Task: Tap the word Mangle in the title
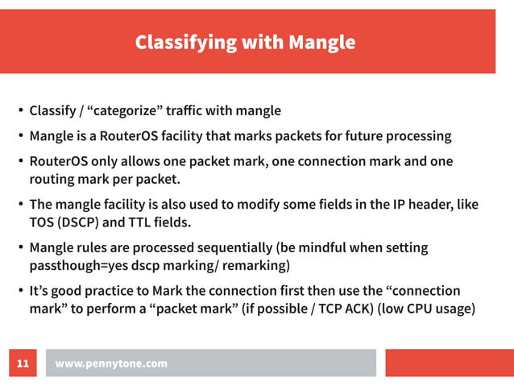point(321,42)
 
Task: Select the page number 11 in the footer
point(23,363)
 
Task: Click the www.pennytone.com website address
point(111,363)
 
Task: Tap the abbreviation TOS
point(42,222)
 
